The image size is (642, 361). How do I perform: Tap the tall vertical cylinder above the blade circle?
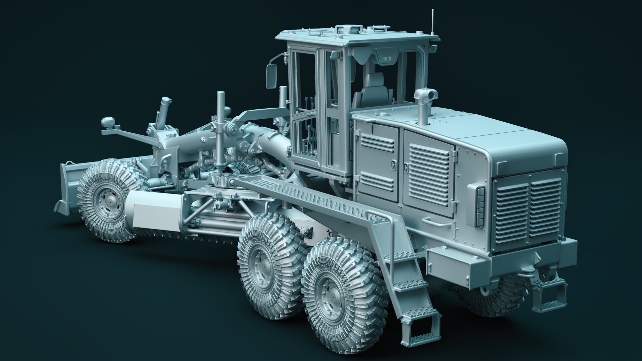(x=220, y=134)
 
